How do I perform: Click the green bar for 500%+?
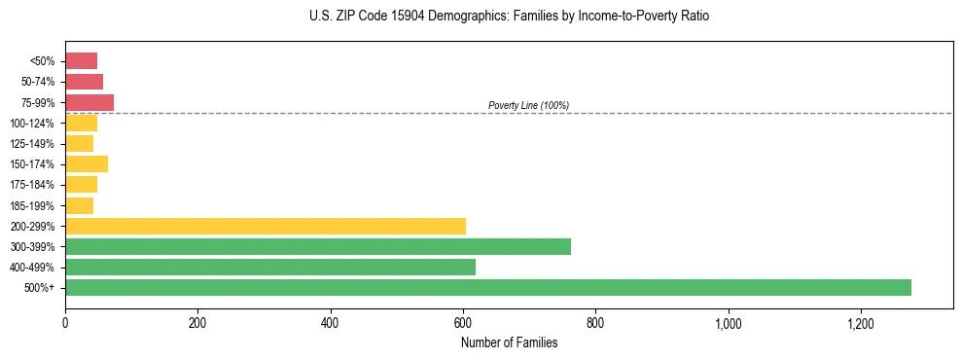[487, 287]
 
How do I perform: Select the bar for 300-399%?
[317, 246]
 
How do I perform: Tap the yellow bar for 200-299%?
[265, 226]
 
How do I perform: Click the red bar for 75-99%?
[89, 102]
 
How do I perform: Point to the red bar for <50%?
[81, 61]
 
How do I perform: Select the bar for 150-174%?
[86, 163]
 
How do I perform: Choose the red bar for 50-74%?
[84, 82]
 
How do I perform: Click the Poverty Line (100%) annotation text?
[528, 105]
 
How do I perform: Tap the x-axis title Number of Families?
[509, 342]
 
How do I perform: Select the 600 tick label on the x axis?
[463, 322]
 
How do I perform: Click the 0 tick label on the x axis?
[65, 322]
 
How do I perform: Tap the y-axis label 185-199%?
[32, 205]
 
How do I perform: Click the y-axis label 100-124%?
[32, 124]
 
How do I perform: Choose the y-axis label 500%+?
[40, 288]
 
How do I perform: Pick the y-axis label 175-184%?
[32, 185]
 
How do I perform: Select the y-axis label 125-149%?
[32, 144]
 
